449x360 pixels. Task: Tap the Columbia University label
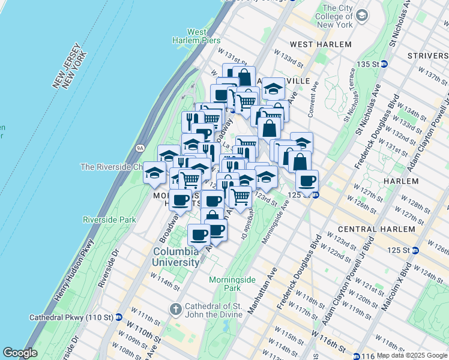[x=176, y=257]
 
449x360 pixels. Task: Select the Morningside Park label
[x=224, y=284]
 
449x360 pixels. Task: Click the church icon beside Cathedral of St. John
[x=176, y=310]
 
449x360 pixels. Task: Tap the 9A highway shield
[x=140, y=146]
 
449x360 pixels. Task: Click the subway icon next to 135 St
[x=384, y=64]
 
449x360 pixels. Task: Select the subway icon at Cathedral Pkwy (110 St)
[x=119, y=317]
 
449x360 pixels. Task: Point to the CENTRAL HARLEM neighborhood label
[x=368, y=229]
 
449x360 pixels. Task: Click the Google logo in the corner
[x=20, y=353]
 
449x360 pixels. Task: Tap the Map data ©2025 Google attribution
[x=412, y=355]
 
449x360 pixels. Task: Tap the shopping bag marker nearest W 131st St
[x=244, y=77]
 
